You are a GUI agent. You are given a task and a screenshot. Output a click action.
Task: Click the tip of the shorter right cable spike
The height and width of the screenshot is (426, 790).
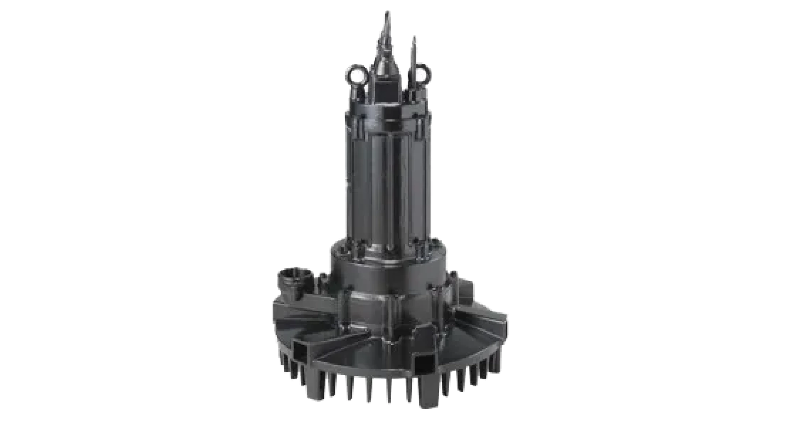[414, 39]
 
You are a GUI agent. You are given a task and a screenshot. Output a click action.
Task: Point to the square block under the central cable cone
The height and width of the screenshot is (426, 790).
[385, 97]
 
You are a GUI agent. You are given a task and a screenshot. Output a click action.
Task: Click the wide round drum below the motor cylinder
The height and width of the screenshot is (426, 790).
[389, 268]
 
